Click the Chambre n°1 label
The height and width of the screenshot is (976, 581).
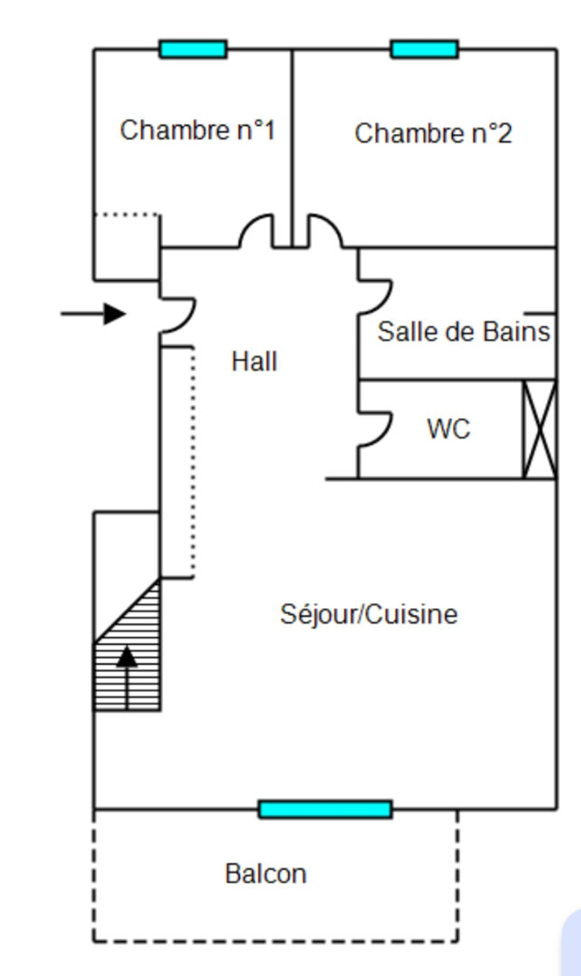point(197,130)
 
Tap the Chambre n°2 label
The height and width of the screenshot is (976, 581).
point(433,134)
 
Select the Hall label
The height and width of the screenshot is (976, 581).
point(255,361)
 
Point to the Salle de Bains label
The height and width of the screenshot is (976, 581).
point(464,332)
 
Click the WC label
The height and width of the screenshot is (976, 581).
point(449,429)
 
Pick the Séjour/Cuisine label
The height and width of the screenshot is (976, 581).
point(369,614)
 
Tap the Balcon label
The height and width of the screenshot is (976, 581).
point(265,874)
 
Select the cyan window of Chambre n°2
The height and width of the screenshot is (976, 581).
point(424,49)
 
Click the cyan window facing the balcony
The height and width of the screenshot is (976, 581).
point(325,810)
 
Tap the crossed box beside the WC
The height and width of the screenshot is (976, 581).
point(540,429)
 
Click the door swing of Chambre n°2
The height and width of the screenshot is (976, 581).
point(325,231)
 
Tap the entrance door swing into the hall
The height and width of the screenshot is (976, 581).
point(179,315)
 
